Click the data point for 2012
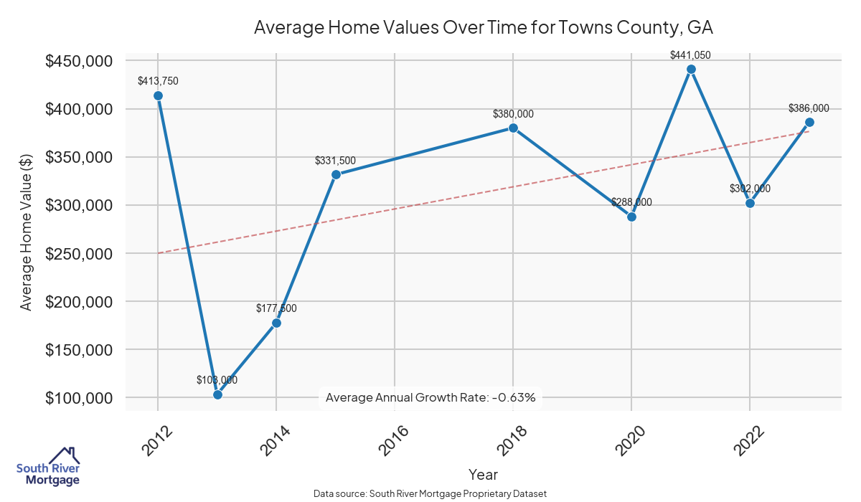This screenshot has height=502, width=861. point(158,96)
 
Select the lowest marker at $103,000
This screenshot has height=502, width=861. point(217,394)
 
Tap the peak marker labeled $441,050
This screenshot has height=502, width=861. point(691,70)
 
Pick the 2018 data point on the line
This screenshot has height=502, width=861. point(513,128)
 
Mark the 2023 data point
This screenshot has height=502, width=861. point(809,122)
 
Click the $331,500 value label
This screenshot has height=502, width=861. point(335,161)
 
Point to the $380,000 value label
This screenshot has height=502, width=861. point(513,114)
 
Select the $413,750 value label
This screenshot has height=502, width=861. point(158,81)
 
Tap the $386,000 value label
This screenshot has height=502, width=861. point(809,108)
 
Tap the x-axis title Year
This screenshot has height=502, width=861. point(483,475)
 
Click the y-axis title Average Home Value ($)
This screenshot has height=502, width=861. point(27,229)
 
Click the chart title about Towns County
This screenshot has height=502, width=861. point(483,28)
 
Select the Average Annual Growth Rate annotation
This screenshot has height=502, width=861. point(430,397)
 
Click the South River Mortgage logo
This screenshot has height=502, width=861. point(48,466)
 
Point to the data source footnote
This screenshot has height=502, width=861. point(430,494)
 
